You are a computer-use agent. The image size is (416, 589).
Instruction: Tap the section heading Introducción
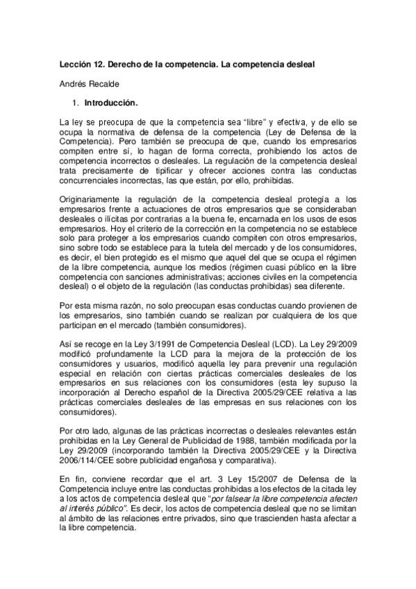tap(110, 102)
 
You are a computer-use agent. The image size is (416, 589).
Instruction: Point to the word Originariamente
tap(91, 198)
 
